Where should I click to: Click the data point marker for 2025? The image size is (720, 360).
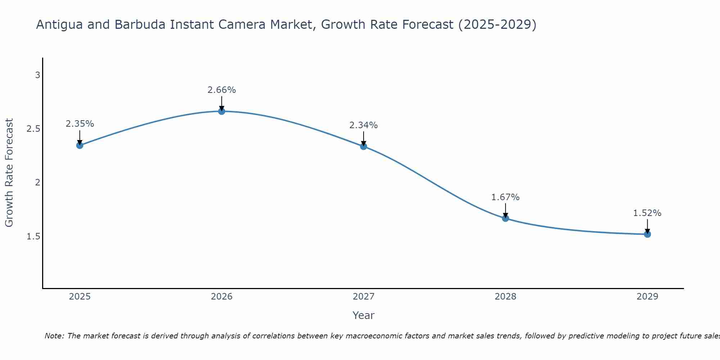[80, 145]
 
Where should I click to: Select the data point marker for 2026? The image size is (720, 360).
[222, 111]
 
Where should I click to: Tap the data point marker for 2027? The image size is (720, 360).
[364, 146]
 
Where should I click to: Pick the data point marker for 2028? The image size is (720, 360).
[505, 218]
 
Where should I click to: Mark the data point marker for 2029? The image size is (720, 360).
[647, 234]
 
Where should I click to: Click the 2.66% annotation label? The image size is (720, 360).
[221, 90]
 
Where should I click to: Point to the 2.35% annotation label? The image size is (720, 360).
[80, 124]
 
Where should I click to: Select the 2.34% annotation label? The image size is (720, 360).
[364, 125]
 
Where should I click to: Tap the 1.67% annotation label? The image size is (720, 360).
[505, 197]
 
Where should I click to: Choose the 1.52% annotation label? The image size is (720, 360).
[647, 213]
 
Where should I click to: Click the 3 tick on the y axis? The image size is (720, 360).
[37, 75]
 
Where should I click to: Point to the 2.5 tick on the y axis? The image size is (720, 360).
[33, 129]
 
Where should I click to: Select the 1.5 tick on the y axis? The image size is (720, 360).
[33, 237]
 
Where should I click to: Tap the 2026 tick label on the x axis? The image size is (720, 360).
[222, 297]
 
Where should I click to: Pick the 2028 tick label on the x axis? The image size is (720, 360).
[505, 297]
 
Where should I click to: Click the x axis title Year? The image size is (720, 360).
[364, 315]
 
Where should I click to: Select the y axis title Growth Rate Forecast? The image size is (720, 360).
[9, 173]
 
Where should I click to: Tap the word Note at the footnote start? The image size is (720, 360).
[54, 336]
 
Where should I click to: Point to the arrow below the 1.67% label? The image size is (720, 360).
[505, 211]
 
